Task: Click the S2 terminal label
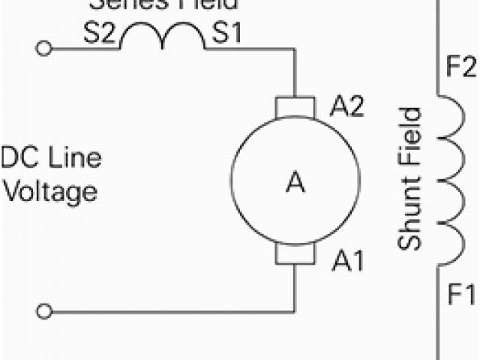click(x=100, y=36)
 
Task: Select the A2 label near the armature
click(x=346, y=107)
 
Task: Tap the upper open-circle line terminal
click(x=44, y=49)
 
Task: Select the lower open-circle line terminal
click(x=44, y=310)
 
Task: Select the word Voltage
click(x=49, y=191)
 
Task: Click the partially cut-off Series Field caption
click(x=163, y=4)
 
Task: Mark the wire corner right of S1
click(x=295, y=49)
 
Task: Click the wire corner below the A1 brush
click(x=295, y=310)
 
